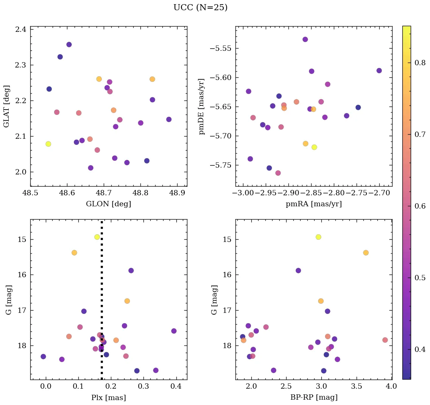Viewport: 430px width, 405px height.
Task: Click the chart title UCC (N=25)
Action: [x=200, y=8]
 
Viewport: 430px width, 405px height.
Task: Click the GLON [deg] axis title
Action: [x=109, y=204]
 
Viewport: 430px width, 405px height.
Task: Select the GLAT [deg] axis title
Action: [x=6, y=106]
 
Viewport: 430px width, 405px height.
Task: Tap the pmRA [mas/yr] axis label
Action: [x=314, y=204]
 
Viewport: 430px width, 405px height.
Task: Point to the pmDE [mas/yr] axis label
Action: [x=202, y=107]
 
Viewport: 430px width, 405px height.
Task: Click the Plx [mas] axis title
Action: [x=109, y=397]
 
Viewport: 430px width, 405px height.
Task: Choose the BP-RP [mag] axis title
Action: [x=314, y=397]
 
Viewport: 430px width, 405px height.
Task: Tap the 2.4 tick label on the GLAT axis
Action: [x=21, y=30]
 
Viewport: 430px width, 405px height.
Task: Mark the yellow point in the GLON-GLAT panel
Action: [x=48, y=144]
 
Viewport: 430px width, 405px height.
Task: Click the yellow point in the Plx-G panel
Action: [x=97, y=237]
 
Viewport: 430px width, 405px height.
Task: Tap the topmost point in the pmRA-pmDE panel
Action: [x=305, y=39]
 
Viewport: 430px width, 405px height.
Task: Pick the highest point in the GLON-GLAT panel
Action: [x=69, y=44]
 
